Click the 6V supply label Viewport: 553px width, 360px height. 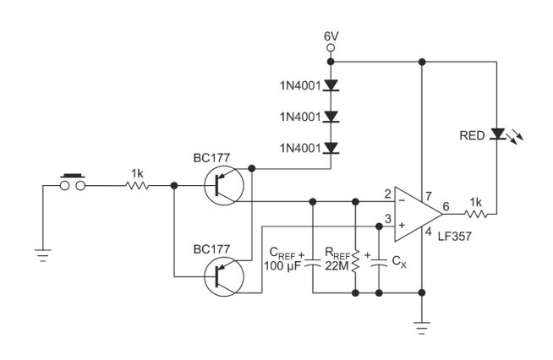click(x=331, y=37)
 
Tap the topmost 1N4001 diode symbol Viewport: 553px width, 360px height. click(x=331, y=85)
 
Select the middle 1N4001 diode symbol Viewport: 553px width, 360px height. click(x=331, y=117)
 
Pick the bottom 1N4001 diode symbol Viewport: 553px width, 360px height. click(x=331, y=148)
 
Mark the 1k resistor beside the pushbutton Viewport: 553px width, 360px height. click(x=136, y=186)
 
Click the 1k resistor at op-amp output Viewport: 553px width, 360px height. click(x=476, y=213)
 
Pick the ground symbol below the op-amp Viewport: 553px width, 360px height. click(x=421, y=325)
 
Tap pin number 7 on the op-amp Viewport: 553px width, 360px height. click(x=428, y=195)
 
